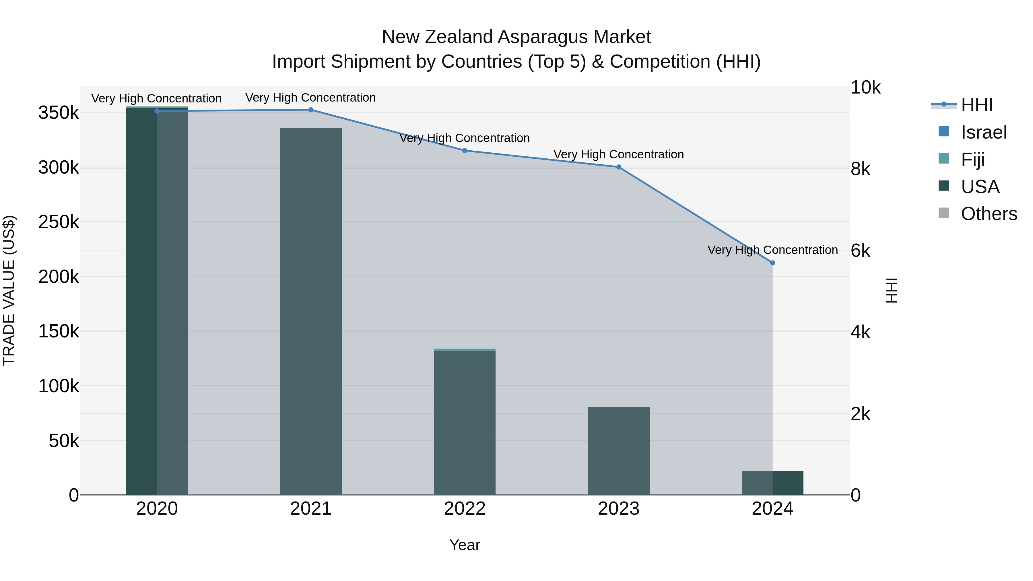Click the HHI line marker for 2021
click(x=311, y=110)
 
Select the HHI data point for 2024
click(x=772, y=263)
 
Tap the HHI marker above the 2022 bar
click(x=465, y=151)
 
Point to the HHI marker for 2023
click(x=619, y=167)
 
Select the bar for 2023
click(x=619, y=451)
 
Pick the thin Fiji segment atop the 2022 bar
click(x=465, y=350)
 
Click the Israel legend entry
click(x=983, y=132)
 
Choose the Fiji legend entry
click(x=972, y=159)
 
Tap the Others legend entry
click(x=989, y=214)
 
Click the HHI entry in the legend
click(x=976, y=105)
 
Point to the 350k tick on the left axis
click(x=59, y=113)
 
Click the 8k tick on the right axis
click(x=861, y=169)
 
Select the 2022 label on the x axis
click(x=465, y=509)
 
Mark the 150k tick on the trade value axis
click(x=59, y=332)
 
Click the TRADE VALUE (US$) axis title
click(x=9, y=290)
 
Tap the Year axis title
click(x=465, y=545)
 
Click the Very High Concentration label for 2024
click(x=772, y=250)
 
